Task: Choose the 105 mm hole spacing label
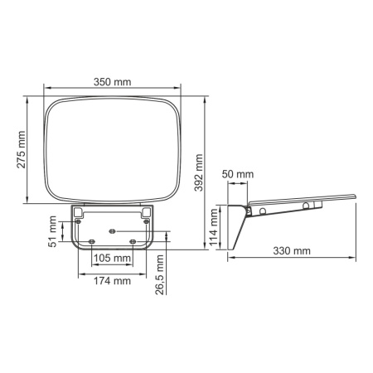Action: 112,259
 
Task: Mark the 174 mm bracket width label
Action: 112,280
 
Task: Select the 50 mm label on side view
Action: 240,174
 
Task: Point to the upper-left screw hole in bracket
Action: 80,221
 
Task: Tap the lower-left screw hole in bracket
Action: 91,241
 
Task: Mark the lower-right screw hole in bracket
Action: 133,241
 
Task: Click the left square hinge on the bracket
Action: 78,213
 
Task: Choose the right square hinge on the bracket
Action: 147,213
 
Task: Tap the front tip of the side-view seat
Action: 354,196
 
